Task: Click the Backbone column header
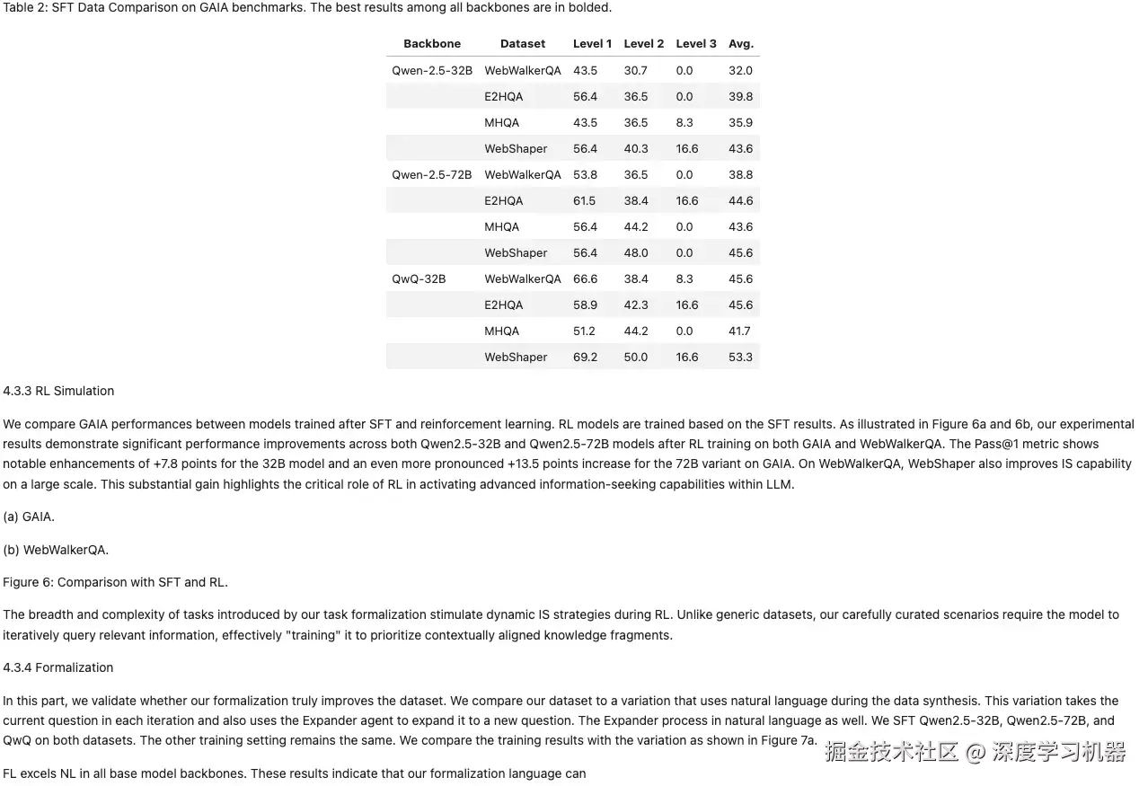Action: tap(431, 43)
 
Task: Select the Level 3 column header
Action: tap(696, 43)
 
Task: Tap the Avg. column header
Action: tap(741, 43)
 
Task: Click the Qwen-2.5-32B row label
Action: tap(432, 70)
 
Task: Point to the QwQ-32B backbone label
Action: tap(419, 278)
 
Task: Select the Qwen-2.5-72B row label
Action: tap(432, 174)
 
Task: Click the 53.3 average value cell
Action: tap(741, 357)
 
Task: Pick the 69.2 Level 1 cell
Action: tap(585, 357)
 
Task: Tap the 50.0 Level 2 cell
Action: tap(636, 357)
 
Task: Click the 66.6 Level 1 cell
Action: tap(585, 278)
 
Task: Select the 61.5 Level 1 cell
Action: tap(585, 200)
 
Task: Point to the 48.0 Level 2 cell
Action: tap(636, 252)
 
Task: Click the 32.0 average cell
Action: tap(741, 70)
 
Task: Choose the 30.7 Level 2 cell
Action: tap(636, 70)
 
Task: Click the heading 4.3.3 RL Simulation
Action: tap(58, 391)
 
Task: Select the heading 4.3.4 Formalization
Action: tap(58, 667)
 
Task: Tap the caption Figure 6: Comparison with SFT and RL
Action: tap(115, 582)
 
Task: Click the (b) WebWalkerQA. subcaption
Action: tap(56, 549)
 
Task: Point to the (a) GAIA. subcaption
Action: tap(29, 517)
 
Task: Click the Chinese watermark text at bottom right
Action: tap(975, 752)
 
